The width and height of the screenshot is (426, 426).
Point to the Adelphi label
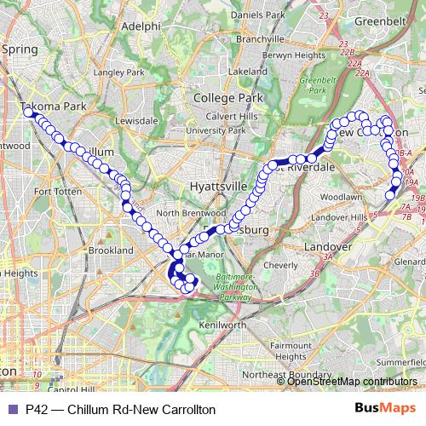coord(141,26)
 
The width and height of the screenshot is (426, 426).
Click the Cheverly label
coord(281,265)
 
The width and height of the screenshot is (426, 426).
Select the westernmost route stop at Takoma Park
coord(28,112)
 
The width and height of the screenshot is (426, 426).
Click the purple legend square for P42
coord(12,409)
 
